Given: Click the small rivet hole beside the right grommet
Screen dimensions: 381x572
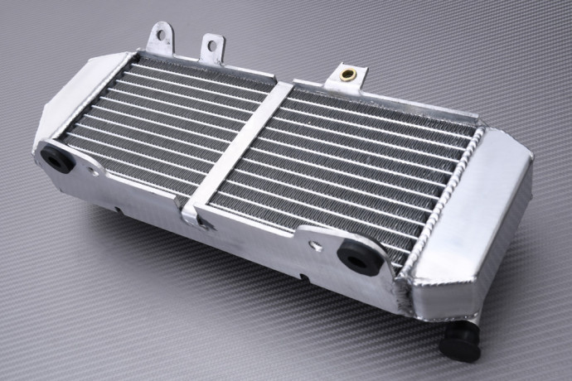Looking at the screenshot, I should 314,245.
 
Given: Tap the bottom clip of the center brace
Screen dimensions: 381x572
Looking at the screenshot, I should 192,213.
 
